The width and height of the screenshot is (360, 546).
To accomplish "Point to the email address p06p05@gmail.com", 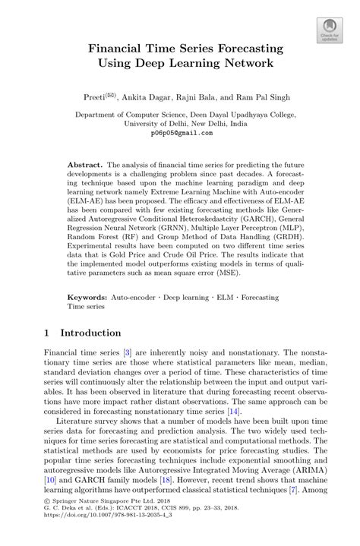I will coord(180,132).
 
